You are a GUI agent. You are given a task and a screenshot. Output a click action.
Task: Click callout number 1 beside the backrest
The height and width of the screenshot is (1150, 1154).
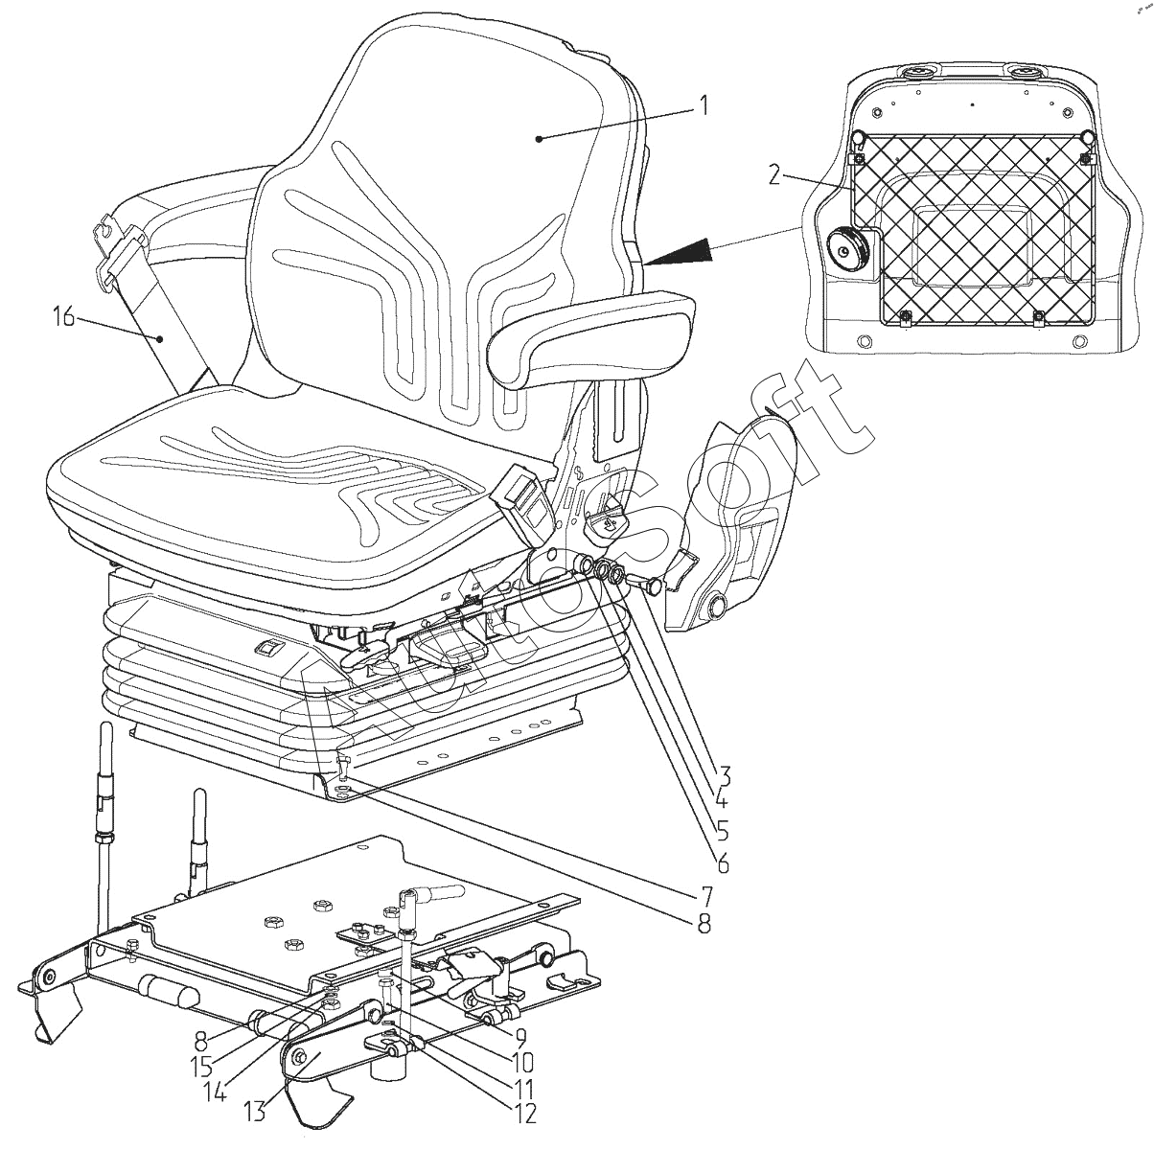704,104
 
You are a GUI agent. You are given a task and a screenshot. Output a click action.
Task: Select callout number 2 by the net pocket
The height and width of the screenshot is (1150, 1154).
777,174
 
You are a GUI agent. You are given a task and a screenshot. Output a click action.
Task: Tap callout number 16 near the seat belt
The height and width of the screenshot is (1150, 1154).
63,316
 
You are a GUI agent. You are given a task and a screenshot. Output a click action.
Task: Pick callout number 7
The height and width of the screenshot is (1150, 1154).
704,897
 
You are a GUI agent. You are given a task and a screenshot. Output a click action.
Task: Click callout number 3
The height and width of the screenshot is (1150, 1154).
724,774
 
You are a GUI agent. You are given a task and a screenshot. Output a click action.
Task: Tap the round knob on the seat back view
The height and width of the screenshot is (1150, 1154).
846,250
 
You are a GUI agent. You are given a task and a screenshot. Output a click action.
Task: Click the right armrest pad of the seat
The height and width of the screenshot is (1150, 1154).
589,334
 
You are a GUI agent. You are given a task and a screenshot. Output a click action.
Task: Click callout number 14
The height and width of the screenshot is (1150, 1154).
216,1092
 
